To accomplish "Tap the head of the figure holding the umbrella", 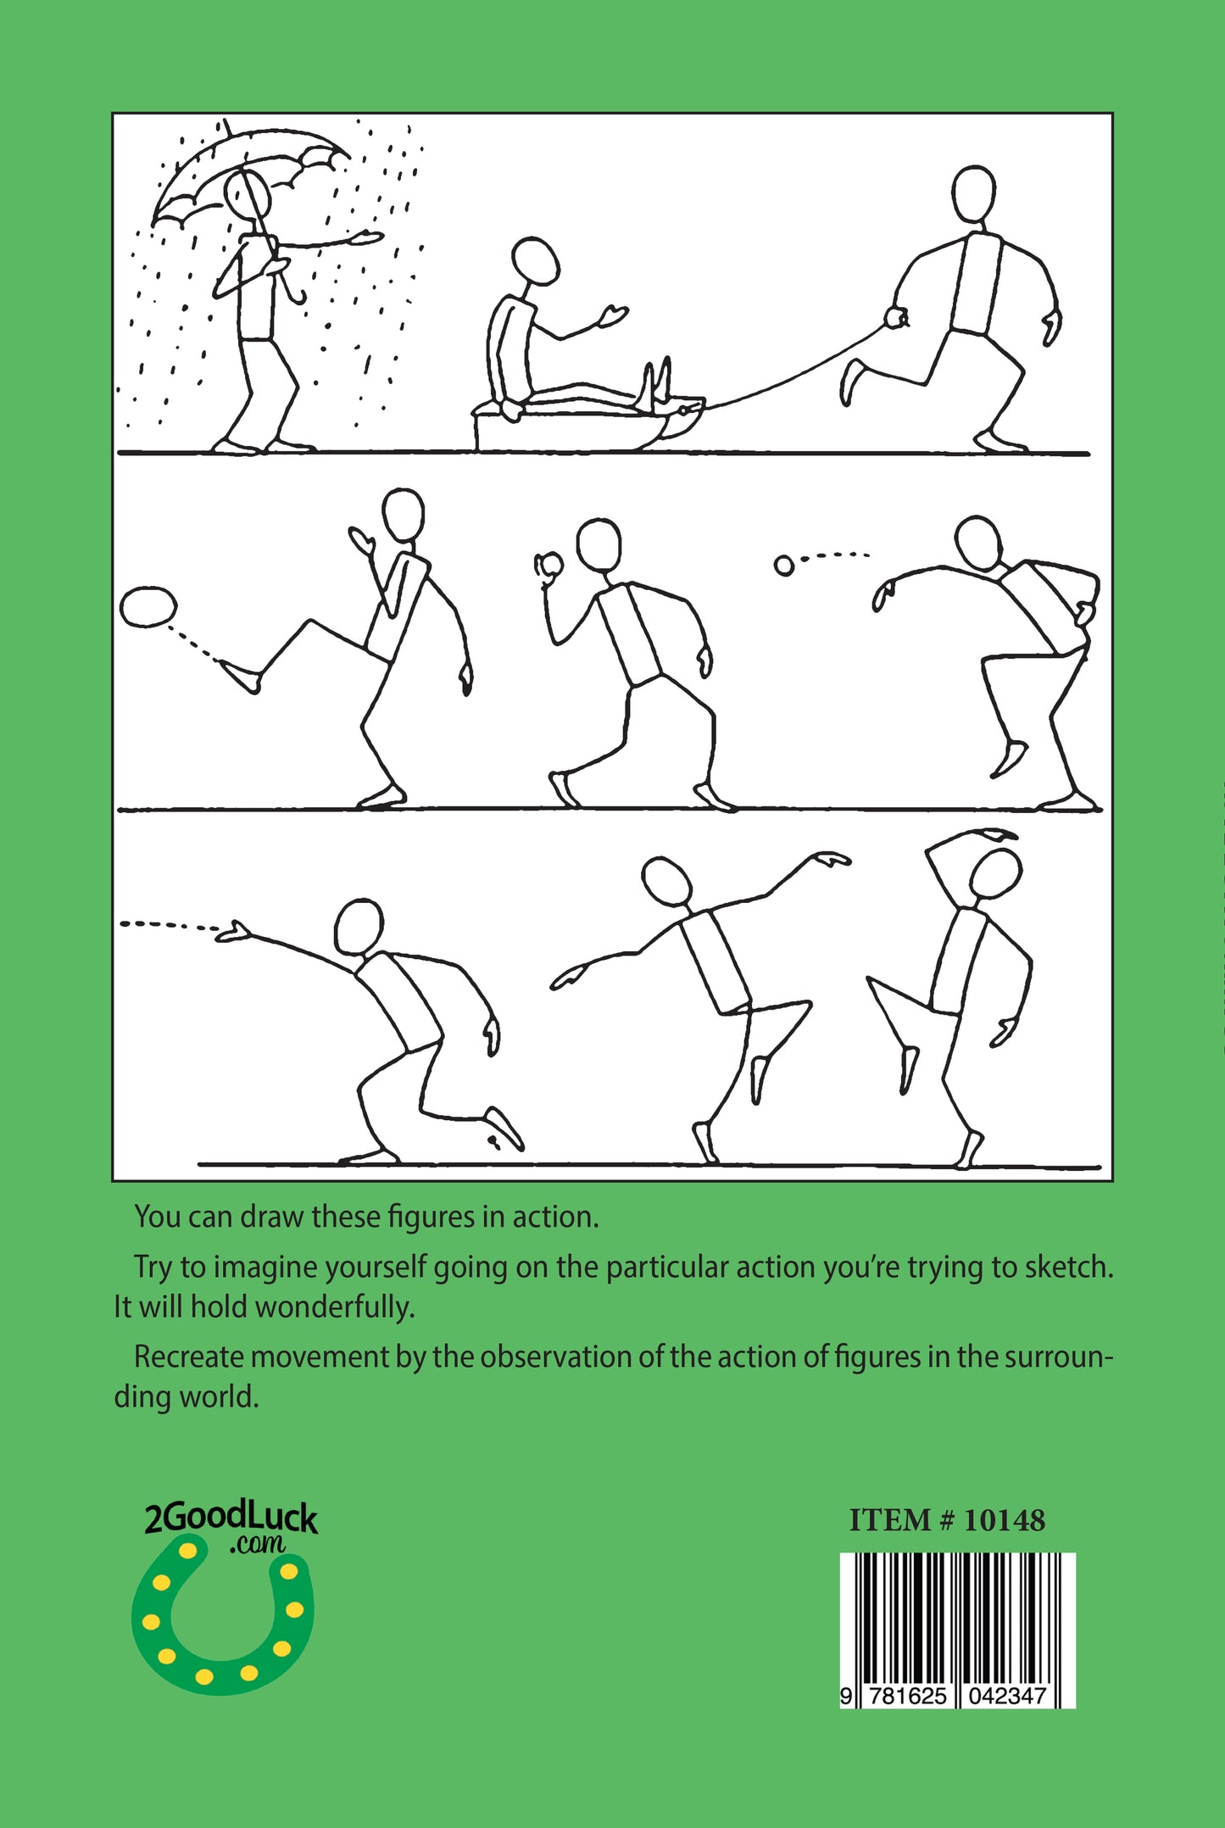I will coord(248,194).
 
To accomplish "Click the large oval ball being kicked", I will coord(148,607).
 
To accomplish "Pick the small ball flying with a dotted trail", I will coord(784,566).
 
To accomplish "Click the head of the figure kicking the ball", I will coord(403,515).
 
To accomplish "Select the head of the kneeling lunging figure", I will coord(359,927).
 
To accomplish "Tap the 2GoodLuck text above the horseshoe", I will coord(230,1518).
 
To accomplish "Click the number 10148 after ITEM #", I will coord(1004,1520).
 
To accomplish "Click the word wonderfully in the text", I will coord(334,1307).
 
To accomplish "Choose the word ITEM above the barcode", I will coord(890,1520).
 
